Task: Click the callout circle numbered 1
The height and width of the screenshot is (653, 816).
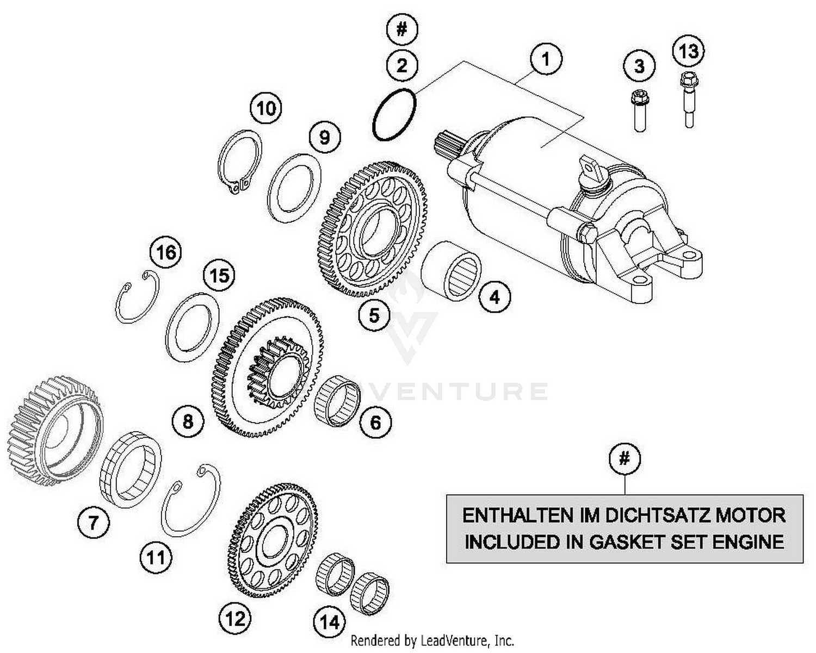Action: click(x=545, y=59)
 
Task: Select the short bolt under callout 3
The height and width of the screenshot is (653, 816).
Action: click(x=640, y=111)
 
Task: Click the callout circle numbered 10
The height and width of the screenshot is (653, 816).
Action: click(x=266, y=109)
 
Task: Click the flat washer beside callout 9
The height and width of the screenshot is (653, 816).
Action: click(x=294, y=188)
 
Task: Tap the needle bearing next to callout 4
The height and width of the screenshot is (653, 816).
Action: click(x=453, y=271)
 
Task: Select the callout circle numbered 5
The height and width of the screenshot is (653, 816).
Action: click(x=374, y=315)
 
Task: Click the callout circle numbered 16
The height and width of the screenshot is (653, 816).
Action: click(x=166, y=252)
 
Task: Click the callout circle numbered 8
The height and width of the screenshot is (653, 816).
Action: click(x=188, y=421)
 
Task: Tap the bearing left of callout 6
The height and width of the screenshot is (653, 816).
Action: click(x=337, y=400)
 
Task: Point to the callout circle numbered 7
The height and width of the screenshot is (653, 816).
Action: click(x=94, y=523)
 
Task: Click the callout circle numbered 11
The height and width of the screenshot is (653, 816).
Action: click(x=156, y=557)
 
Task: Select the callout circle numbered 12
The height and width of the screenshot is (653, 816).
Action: click(x=235, y=618)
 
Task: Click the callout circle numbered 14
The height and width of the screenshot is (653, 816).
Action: click(x=329, y=622)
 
